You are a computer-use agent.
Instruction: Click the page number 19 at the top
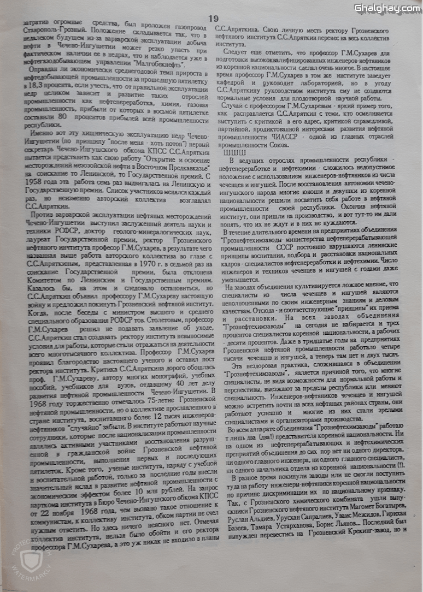tap(213, 19)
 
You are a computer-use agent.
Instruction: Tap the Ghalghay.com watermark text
tap(387, 8)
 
